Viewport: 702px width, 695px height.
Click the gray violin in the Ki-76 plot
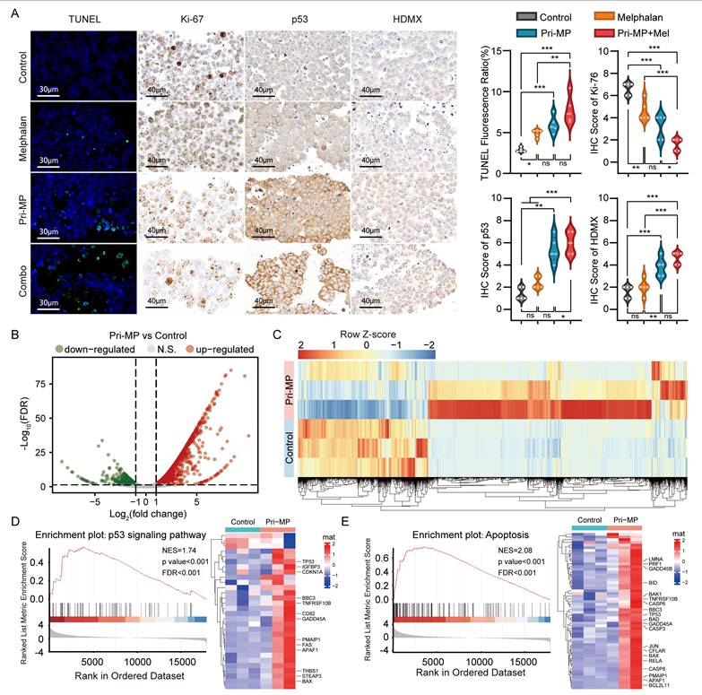click(x=629, y=90)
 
